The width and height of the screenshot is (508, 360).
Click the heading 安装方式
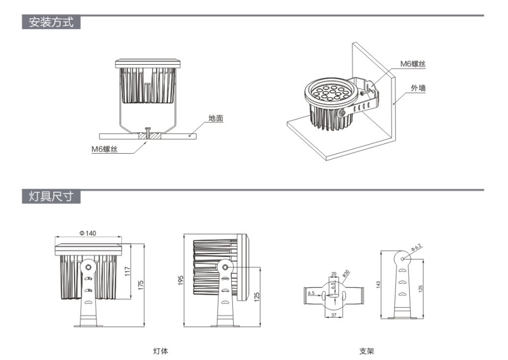[x=51, y=23]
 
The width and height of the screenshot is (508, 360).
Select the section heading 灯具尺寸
[x=51, y=197]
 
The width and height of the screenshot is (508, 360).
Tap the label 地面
[x=216, y=118]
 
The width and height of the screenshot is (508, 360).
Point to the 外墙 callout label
[x=418, y=87]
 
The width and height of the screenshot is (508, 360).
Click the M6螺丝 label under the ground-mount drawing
[x=104, y=149]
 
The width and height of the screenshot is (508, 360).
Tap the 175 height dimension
[x=141, y=285]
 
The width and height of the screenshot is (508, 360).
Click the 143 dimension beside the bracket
[x=378, y=284]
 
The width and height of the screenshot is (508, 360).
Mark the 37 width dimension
[x=334, y=315]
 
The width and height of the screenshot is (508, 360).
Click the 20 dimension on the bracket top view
[x=333, y=273]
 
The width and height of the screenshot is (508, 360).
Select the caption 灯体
[x=160, y=351]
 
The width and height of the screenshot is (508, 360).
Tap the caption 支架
[x=366, y=351]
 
